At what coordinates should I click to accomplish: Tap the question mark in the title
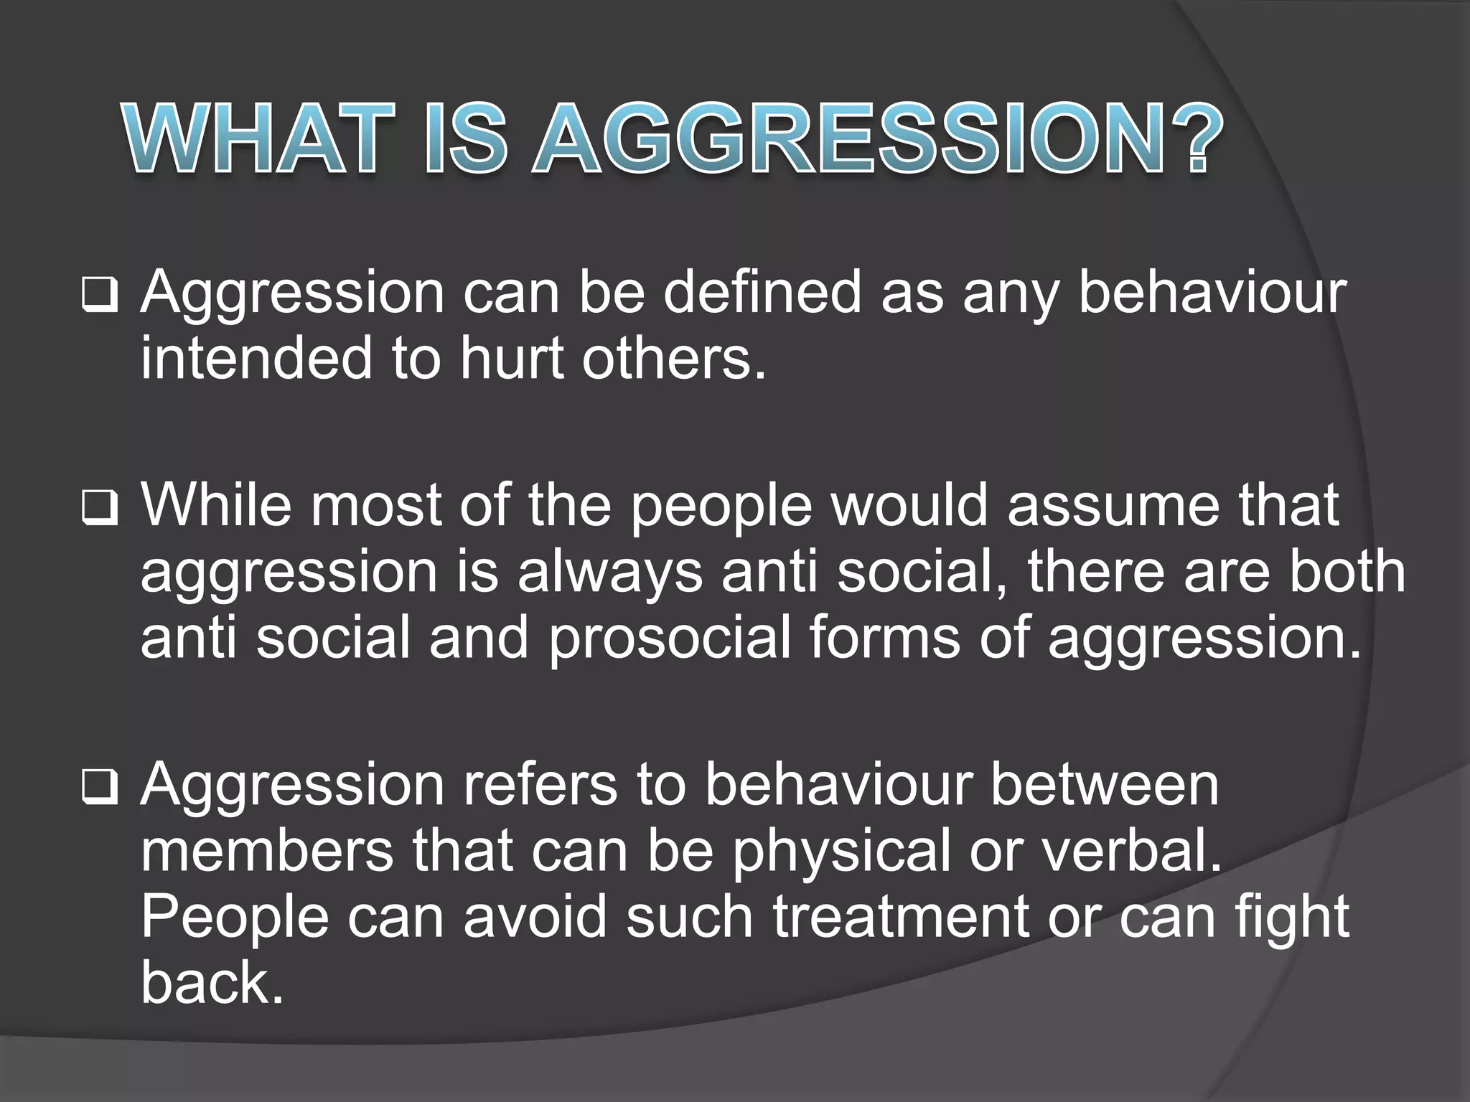click(x=1195, y=139)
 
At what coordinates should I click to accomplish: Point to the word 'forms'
click(x=884, y=637)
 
